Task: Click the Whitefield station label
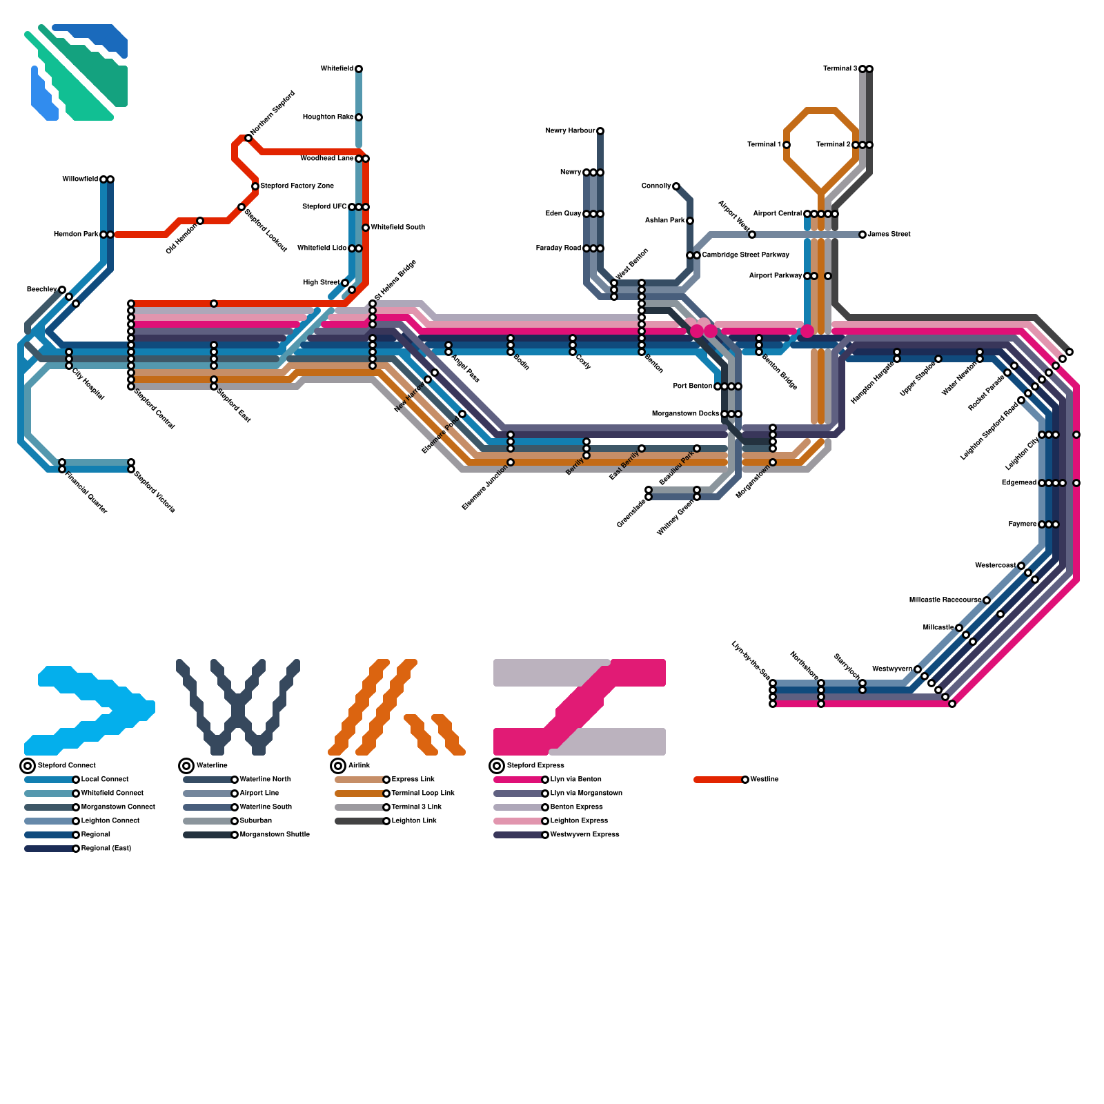point(337,69)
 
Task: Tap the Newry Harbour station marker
point(600,131)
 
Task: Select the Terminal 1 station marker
point(787,145)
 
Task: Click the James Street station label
point(889,235)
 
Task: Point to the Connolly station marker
point(676,186)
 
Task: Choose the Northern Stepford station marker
point(248,138)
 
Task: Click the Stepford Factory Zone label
point(297,186)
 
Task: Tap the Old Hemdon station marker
point(200,221)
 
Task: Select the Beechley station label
point(41,290)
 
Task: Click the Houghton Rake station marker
point(359,117)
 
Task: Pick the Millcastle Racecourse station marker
point(987,600)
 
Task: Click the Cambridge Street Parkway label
point(745,255)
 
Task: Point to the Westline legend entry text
point(765,780)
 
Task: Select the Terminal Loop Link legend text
point(423,793)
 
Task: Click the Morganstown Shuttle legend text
point(275,835)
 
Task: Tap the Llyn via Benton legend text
point(576,780)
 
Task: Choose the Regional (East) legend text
point(106,849)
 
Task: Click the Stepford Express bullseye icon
point(497,766)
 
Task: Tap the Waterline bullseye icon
point(186,766)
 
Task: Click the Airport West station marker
point(752,235)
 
